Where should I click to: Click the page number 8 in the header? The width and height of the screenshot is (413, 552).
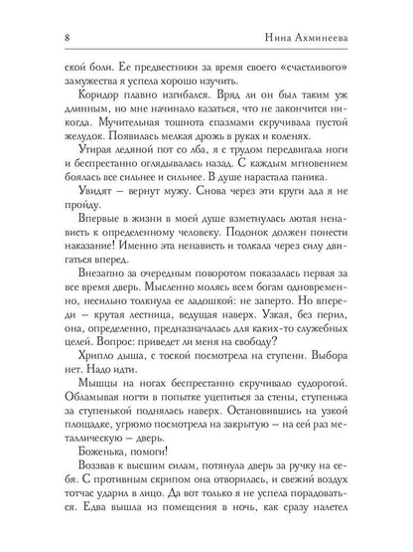point(37,39)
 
